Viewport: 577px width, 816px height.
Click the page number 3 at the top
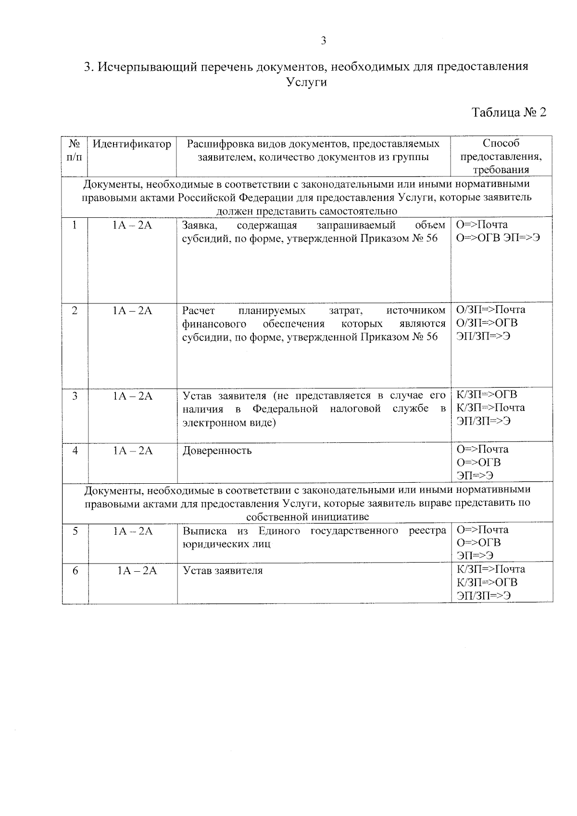tap(324, 41)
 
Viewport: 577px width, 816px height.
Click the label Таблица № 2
tap(509, 113)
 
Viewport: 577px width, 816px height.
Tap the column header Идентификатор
tap(132, 144)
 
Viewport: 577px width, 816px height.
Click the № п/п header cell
tap(74, 150)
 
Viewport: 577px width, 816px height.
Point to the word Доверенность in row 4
tap(217, 451)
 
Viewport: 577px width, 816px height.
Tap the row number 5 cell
tap(75, 530)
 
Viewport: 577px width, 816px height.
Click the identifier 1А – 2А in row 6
tap(138, 571)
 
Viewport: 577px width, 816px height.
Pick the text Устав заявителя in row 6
tap(223, 571)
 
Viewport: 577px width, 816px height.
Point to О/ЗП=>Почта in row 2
tap(490, 310)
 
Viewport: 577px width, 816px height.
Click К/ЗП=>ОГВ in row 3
tap(487, 395)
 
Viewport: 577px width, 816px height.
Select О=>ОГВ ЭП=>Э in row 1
tap(498, 238)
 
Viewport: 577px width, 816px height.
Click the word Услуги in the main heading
tap(306, 82)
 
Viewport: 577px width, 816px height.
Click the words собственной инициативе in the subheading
tap(307, 517)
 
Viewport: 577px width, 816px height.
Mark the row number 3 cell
tap(75, 396)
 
